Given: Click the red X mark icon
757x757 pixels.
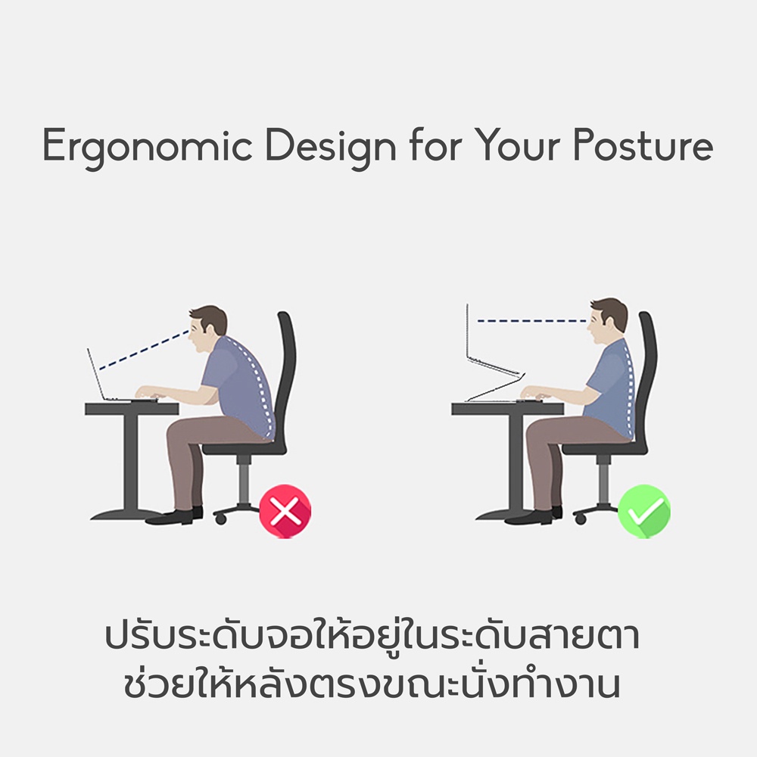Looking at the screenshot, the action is (x=285, y=511).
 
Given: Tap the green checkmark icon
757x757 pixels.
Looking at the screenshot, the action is (x=644, y=511).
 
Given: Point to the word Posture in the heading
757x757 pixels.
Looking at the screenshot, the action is (x=643, y=145).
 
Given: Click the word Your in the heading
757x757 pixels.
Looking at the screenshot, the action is (x=516, y=145).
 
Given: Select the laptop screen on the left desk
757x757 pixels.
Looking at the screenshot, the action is (x=96, y=374).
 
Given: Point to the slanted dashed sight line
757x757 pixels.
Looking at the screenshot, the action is (x=143, y=350).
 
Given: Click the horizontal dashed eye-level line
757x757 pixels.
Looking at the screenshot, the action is (x=531, y=320).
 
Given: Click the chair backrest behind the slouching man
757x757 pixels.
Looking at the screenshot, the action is (x=285, y=382).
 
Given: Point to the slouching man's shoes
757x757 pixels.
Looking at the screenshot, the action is (x=175, y=516).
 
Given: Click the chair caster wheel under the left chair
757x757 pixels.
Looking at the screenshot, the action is (x=220, y=519).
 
